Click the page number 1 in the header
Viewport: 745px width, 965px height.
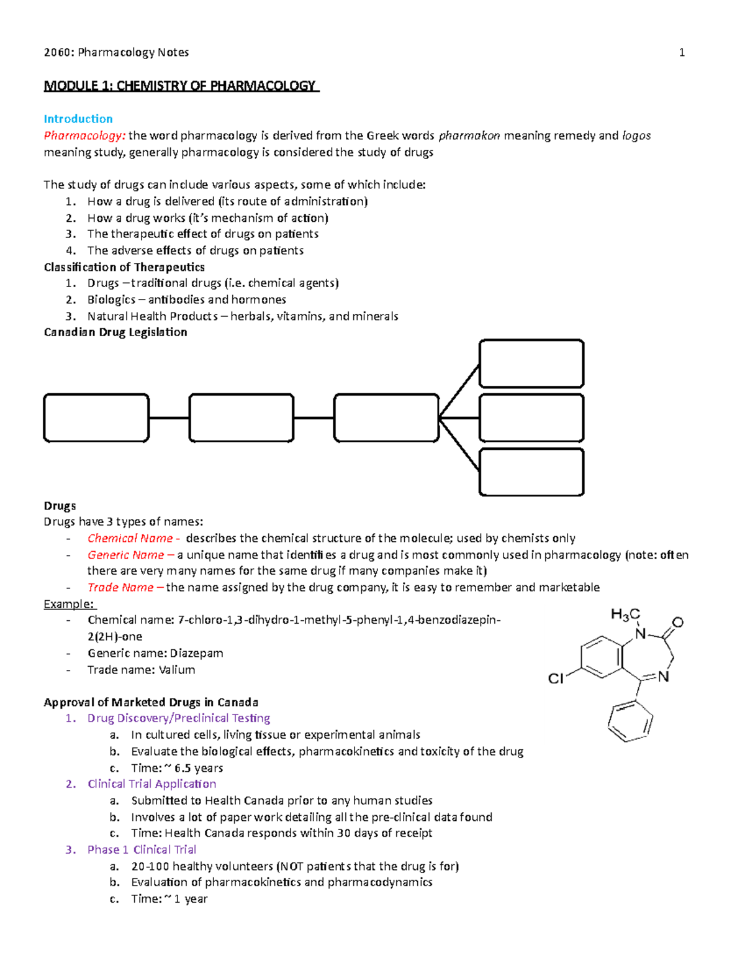[x=682, y=53]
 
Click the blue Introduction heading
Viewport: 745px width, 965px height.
[x=78, y=119]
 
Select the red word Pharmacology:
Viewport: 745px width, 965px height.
[x=84, y=135]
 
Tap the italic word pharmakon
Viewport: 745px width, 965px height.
[x=469, y=135]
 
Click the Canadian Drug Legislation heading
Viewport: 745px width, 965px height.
[x=115, y=332]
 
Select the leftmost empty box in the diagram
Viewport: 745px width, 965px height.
[x=96, y=418]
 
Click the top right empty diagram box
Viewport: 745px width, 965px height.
[x=531, y=364]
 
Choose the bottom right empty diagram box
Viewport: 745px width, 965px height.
[x=531, y=472]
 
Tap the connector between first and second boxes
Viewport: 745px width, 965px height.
[x=169, y=418]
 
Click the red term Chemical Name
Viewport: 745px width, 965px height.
[x=130, y=538]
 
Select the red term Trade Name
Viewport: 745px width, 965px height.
[x=120, y=587]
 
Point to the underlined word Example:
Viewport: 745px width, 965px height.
[x=69, y=604]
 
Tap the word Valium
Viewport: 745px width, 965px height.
[x=177, y=670]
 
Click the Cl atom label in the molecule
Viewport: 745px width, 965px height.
[x=556, y=679]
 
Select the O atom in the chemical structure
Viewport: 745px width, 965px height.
[x=677, y=622]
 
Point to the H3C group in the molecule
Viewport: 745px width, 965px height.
[x=625, y=615]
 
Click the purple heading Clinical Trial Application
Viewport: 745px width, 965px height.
[x=152, y=784]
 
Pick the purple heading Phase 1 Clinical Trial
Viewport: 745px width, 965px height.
[x=142, y=849]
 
